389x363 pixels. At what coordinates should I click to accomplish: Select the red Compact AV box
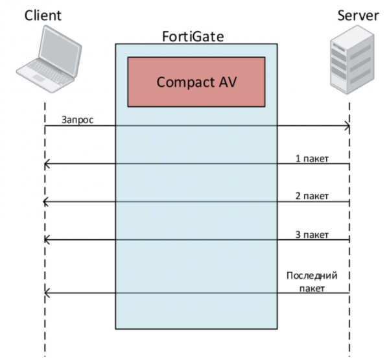[x=196, y=82]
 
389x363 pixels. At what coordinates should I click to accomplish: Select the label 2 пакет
[x=315, y=195]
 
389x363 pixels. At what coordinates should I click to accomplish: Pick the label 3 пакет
[x=315, y=233]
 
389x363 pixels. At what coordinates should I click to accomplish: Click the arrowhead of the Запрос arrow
[x=348, y=127]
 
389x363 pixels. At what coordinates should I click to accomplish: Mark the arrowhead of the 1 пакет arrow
[x=46, y=165]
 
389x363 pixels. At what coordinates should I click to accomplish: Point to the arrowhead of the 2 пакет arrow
[x=46, y=203]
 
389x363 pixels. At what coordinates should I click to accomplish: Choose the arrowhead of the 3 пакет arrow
[x=46, y=241]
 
